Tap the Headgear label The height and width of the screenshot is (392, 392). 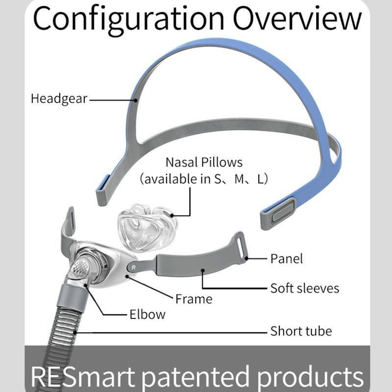coord(59,98)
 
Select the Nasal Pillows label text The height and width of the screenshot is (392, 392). coord(204,162)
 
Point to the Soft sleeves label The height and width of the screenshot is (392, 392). coord(304,288)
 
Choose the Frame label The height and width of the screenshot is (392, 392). coord(195,298)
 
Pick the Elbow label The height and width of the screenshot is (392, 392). coord(147,315)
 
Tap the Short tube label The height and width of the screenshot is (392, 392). coord(301,331)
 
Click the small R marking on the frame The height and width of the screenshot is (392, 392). coord(133,268)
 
